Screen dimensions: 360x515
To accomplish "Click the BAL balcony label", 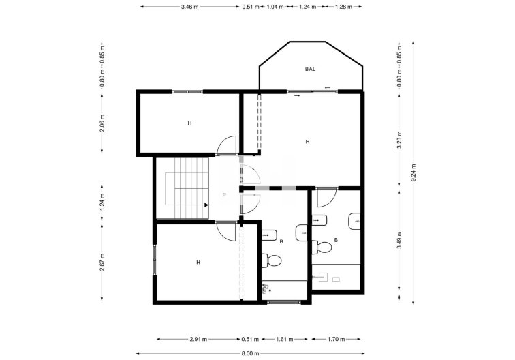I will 311,69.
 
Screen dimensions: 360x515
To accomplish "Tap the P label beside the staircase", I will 224,195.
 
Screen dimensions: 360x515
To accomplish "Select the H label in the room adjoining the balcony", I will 308,141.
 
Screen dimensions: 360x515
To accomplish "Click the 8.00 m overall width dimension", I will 251,352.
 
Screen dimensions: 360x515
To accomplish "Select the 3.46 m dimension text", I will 190,7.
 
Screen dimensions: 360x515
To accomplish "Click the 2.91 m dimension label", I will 199,338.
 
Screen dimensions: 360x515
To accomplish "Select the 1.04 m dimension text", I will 275,7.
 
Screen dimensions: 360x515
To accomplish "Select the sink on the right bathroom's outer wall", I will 354,221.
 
